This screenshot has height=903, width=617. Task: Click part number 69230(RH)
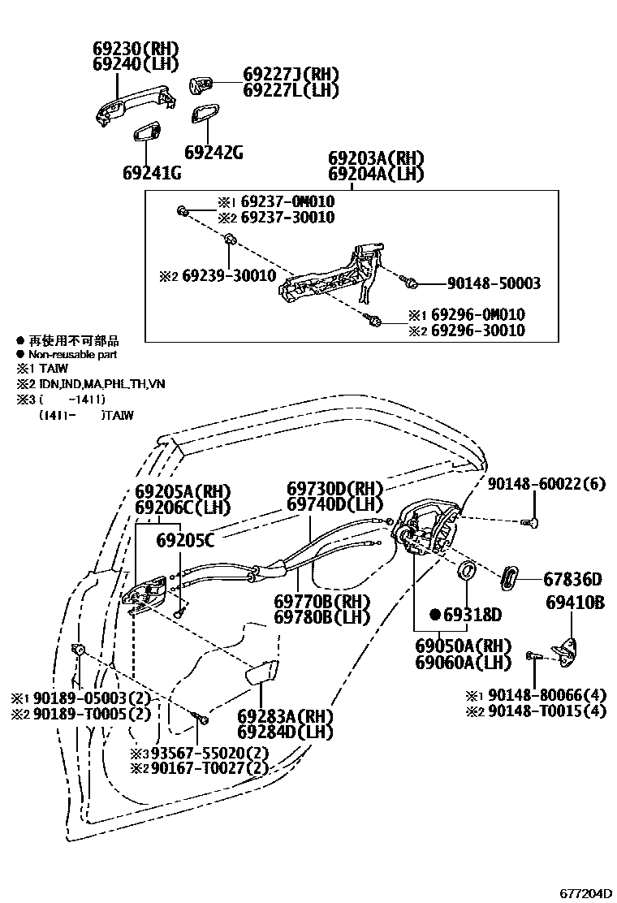(x=136, y=48)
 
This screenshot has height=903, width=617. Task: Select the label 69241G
(x=152, y=173)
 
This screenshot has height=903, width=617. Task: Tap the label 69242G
(x=214, y=152)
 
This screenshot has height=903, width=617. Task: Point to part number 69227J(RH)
(x=291, y=74)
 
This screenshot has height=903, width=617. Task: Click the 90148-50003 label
(x=494, y=284)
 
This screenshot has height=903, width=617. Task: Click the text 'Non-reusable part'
(x=73, y=355)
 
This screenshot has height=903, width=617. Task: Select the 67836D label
(x=572, y=579)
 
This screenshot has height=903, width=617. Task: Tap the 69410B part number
(x=575, y=603)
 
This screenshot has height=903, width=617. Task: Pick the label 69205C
(x=185, y=538)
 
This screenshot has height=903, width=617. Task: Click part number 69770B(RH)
(x=321, y=601)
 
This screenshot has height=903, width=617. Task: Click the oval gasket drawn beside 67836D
(x=507, y=579)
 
